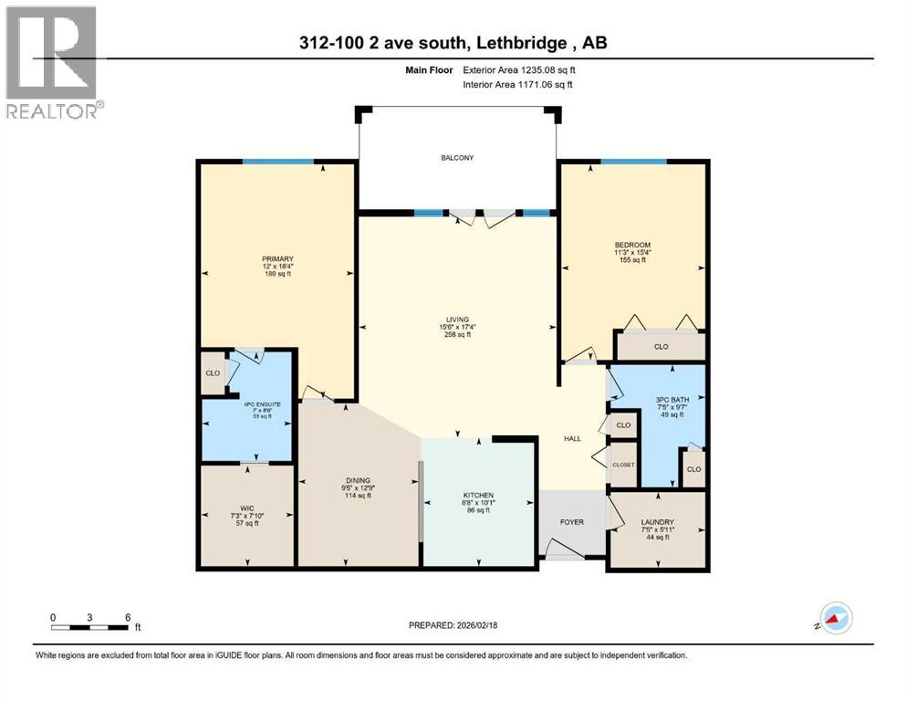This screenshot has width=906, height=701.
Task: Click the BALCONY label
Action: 457,158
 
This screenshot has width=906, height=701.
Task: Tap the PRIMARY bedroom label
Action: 276,259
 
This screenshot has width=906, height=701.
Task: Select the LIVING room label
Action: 457,319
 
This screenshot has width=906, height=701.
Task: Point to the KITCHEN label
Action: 477,495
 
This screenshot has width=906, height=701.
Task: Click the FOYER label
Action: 570,522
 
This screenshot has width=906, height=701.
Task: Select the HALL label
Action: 572,439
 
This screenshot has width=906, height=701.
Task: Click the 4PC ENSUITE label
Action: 246,403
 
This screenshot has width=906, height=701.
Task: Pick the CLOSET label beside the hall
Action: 623,465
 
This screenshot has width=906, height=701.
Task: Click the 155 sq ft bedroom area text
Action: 631,260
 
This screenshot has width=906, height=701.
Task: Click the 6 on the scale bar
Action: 127,617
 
